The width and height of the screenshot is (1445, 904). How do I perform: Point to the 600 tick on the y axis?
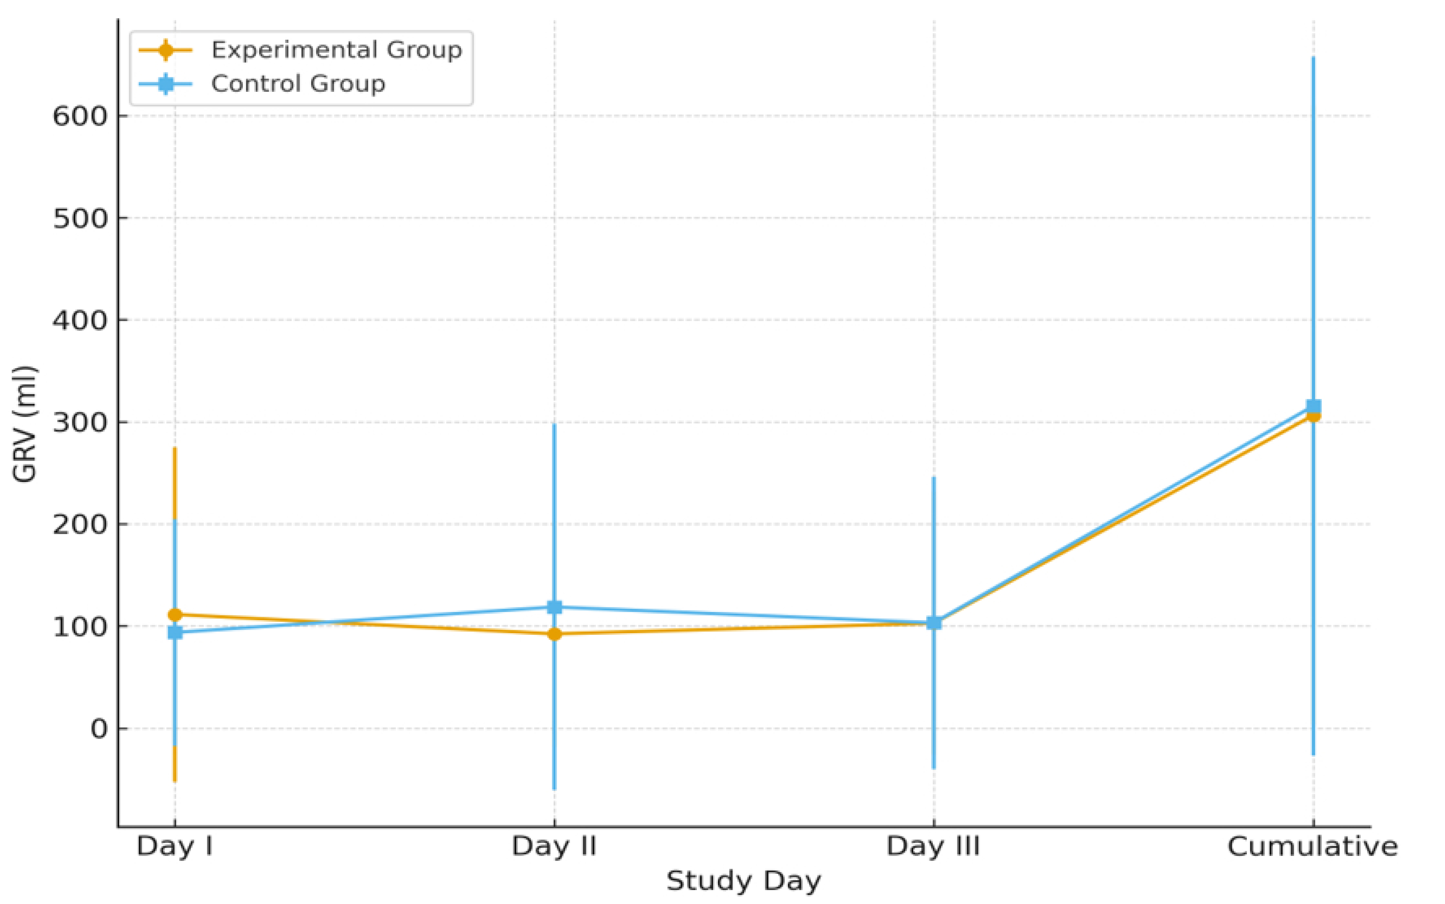click(x=80, y=116)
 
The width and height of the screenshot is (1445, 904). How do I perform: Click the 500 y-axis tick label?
click(x=80, y=218)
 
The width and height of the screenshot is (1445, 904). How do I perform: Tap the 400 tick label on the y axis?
click(x=80, y=320)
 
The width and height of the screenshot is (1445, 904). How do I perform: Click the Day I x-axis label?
click(x=175, y=847)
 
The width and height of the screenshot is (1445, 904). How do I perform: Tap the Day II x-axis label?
click(x=554, y=847)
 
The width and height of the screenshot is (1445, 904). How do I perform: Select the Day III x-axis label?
click(x=934, y=847)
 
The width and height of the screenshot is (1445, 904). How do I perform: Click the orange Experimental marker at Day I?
click(x=175, y=615)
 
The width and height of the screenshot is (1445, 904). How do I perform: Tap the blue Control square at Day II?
click(x=554, y=607)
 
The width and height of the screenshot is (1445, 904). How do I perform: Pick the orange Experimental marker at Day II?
click(x=554, y=634)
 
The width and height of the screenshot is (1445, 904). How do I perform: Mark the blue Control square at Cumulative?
click(x=1313, y=406)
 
